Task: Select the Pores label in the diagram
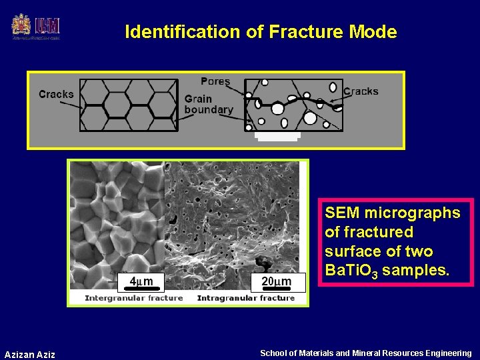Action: [x=215, y=81]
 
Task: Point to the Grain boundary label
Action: [x=209, y=105]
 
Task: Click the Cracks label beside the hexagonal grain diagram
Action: [x=56, y=94]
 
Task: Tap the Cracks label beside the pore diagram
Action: [x=361, y=91]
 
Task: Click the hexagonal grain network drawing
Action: [x=129, y=105]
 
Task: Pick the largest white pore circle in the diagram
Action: [x=309, y=118]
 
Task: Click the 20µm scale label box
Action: [x=277, y=282]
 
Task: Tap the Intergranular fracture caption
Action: [x=133, y=298]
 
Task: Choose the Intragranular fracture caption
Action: [x=246, y=298]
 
